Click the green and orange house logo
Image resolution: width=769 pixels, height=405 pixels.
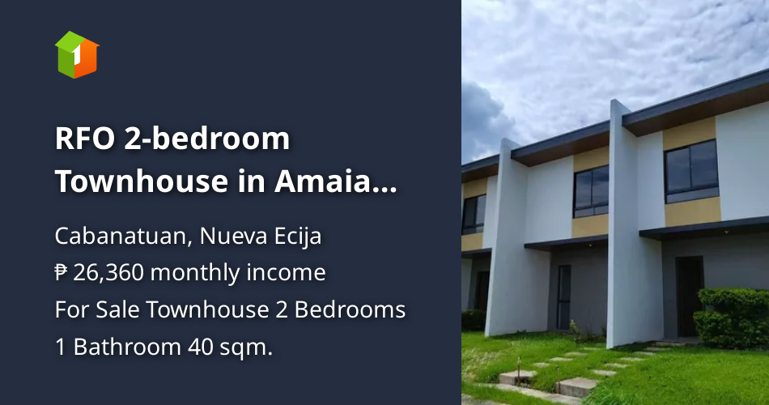coord(77,55)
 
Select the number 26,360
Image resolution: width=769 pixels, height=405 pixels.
coord(108,274)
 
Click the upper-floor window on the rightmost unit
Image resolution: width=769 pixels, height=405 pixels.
coord(690,171)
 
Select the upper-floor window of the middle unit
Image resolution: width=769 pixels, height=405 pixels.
coord(591,191)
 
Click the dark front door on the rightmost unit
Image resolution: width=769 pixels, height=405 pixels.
coord(689,296)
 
